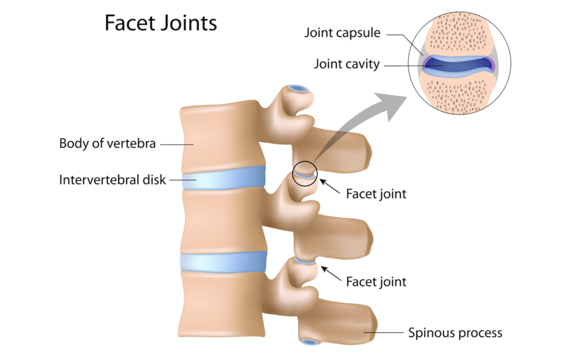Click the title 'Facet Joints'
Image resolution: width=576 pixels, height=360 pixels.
(160, 24)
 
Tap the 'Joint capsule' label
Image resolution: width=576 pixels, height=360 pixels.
(343, 33)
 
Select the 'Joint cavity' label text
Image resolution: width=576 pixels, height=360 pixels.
(346, 64)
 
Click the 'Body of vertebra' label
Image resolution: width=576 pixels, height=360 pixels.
(107, 143)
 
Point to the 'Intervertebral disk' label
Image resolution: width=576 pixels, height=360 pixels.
(112, 181)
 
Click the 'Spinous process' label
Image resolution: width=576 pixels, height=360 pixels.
(454, 332)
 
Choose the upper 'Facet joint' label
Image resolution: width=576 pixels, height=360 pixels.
(376, 194)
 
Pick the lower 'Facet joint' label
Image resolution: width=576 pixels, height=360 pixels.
(376, 281)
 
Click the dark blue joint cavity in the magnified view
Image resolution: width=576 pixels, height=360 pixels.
(458, 65)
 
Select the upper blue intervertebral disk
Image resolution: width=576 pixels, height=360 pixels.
(223, 178)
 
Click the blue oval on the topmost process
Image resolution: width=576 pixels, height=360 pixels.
(298, 88)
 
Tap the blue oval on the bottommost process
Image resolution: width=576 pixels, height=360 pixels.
(309, 341)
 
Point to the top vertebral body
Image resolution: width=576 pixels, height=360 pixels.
(219, 135)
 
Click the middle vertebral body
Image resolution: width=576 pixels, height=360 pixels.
(222, 220)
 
